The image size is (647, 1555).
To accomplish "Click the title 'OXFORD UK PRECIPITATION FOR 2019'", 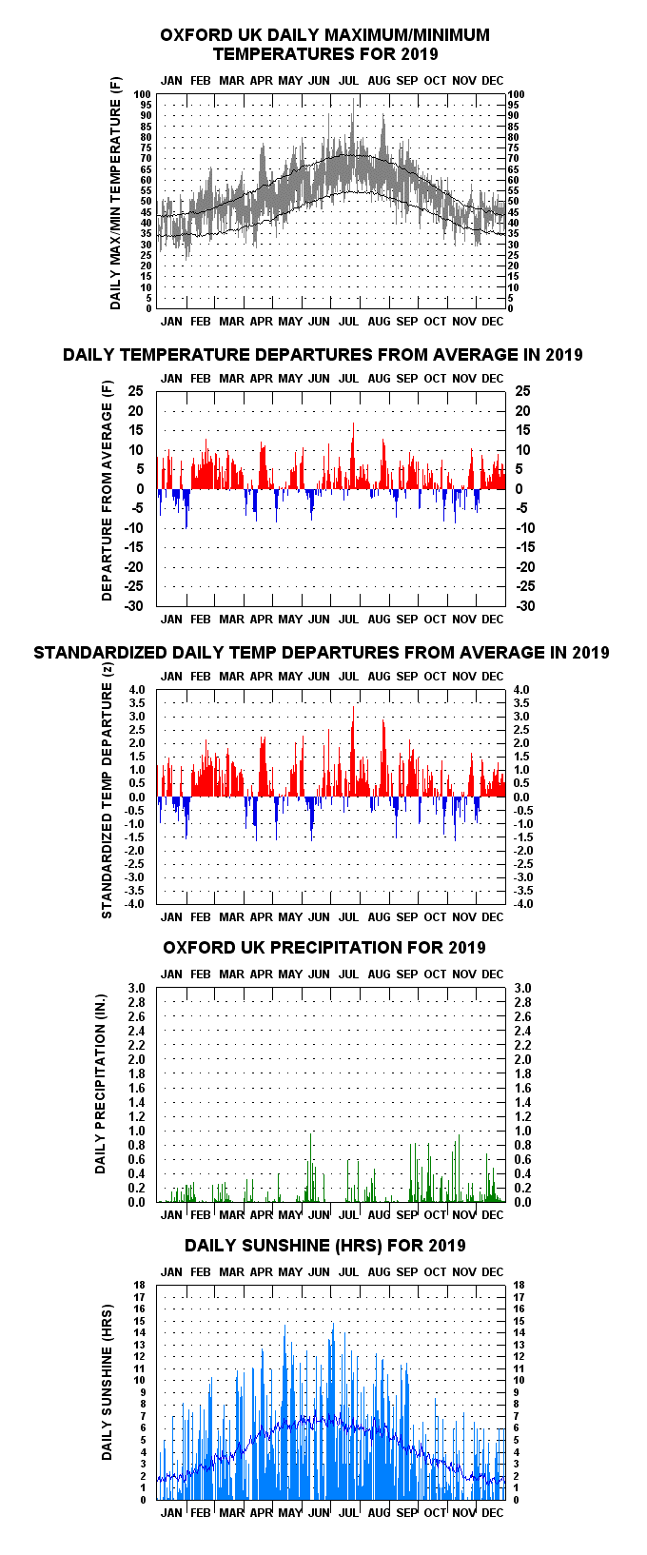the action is (324, 948).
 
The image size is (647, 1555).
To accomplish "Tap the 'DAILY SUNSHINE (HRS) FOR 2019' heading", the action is (324, 1246).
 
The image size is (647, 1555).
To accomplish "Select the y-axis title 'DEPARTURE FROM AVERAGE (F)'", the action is (107, 490).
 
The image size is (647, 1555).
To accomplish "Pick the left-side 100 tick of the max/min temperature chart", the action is (143, 94).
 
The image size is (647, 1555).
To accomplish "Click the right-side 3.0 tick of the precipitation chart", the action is (522, 988).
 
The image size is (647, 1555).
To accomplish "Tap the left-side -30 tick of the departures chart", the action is (134, 606).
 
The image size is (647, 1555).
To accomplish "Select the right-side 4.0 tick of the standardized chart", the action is (521, 690).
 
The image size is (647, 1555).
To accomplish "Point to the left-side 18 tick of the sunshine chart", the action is (140, 1285).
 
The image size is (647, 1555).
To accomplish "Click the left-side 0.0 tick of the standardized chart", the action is (137, 797).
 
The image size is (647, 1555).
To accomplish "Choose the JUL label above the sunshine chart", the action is (348, 1271).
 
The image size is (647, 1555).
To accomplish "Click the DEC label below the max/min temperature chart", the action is (492, 322).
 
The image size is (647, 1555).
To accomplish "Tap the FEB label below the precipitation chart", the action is (200, 1215).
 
